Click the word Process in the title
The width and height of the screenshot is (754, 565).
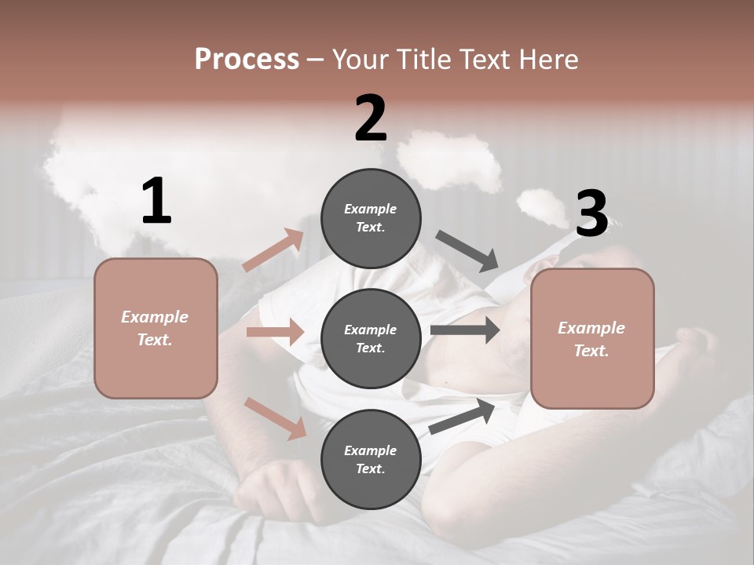pos(247,59)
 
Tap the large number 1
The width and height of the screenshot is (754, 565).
pos(156,202)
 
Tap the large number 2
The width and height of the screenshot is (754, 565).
pos(371,118)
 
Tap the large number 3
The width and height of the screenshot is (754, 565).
pos(591,213)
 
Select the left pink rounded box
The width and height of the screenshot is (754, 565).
pos(156,328)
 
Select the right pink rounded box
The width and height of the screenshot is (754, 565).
pos(592,338)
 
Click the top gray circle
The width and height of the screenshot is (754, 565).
pos(371,217)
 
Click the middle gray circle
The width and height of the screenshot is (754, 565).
pos(371,338)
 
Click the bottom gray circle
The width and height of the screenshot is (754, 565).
pos(371,459)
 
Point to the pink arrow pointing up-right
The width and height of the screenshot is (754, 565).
pos(273,250)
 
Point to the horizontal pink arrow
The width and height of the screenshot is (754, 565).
pos(275,332)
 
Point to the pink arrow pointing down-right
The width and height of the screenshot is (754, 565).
pos(276,417)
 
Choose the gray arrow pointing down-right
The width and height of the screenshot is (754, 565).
pos(467,251)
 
